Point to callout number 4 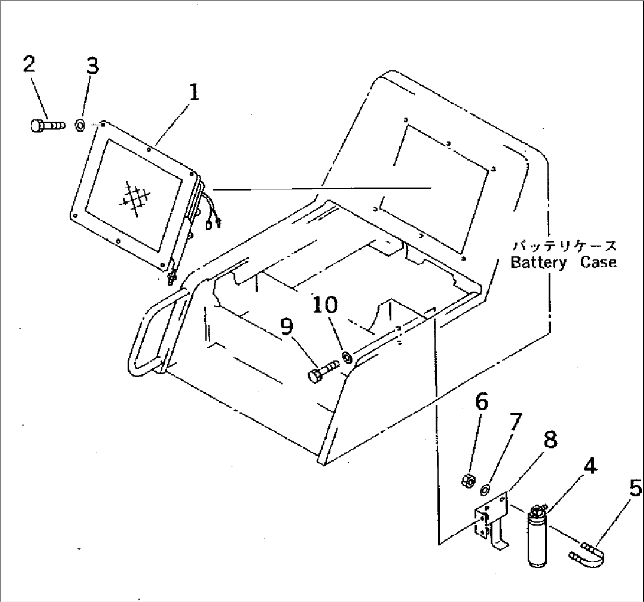(x=588, y=467)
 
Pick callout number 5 (x=634, y=489)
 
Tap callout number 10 (x=326, y=305)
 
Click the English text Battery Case (x=562, y=263)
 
